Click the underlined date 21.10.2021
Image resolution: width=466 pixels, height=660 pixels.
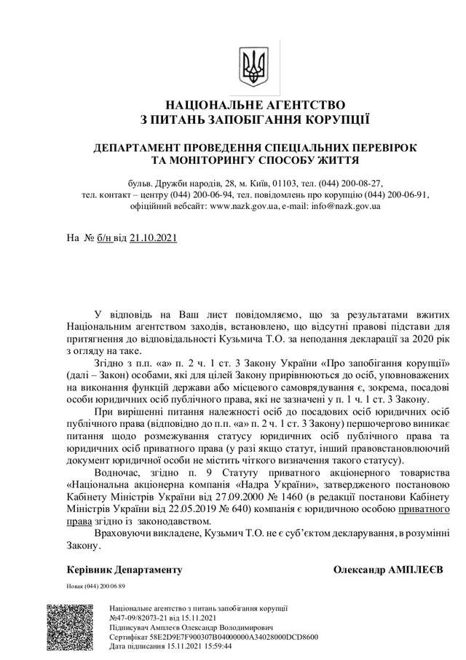pyautogui.click(x=153, y=237)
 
